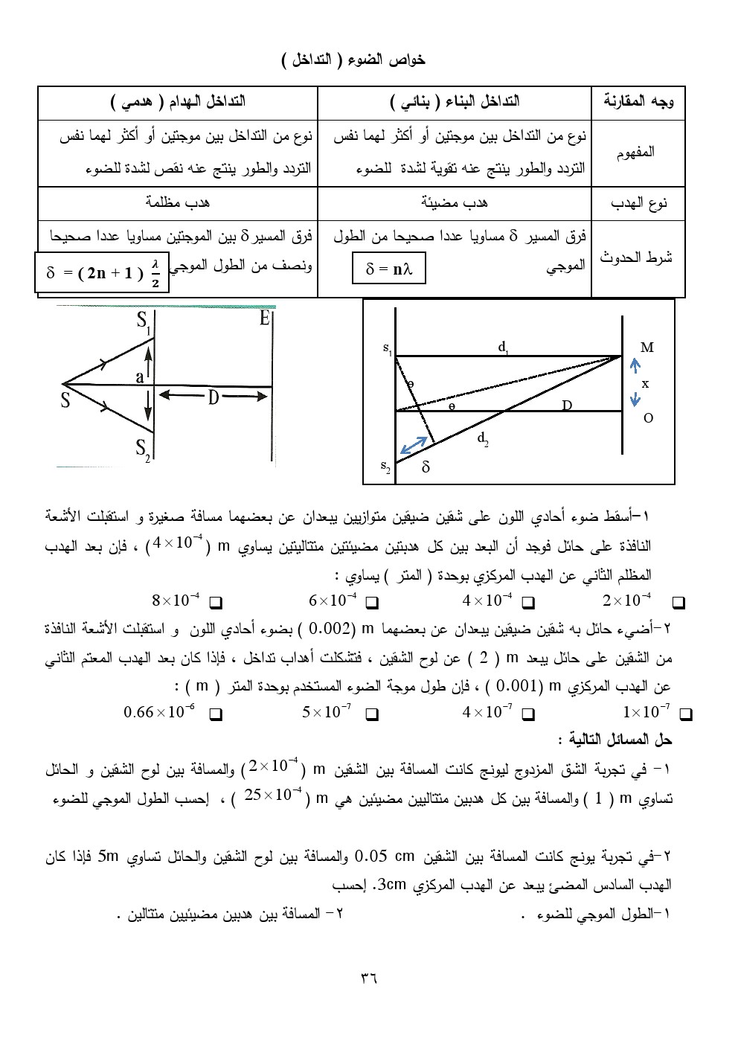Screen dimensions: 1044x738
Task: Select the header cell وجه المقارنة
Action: [x=638, y=102]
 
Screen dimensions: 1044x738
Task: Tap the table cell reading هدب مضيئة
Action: [x=455, y=202]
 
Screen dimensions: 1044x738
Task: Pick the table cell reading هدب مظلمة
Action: [x=177, y=202]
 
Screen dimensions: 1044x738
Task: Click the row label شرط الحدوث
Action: [x=638, y=258]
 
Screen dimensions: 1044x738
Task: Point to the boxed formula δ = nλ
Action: [x=388, y=269]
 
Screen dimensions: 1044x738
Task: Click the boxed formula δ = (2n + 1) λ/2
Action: [x=103, y=272]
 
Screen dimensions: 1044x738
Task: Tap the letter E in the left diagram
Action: [x=265, y=319]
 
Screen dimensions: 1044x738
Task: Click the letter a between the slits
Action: [x=139, y=377]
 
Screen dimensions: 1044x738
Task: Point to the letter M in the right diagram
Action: [x=646, y=348]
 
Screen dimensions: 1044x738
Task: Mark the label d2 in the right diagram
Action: [x=483, y=439]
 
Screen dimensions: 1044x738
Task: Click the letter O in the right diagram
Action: [x=648, y=418]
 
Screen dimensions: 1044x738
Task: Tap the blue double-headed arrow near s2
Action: [x=415, y=445]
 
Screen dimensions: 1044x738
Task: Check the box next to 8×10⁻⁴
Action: [x=216, y=601]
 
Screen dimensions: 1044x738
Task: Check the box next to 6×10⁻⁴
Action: [x=373, y=601]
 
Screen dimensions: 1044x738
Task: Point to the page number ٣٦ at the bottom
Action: [x=369, y=977]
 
